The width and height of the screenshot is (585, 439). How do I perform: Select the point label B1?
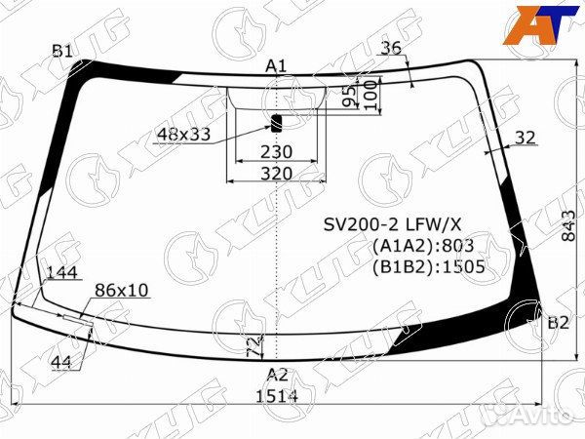click(x=62, y=51)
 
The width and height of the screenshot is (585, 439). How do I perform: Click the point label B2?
click(x=557, y=323)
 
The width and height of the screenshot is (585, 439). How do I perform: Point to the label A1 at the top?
click(x=276, y=66)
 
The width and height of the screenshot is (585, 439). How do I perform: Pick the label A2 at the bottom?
click(x=277, y=375)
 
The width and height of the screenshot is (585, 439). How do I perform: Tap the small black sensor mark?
click(x=276, y=123)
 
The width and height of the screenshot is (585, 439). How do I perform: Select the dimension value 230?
click(x=277, y=152)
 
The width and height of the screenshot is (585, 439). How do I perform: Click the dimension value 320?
click(x=277, y=173)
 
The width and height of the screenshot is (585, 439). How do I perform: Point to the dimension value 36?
click(x=391, y=49)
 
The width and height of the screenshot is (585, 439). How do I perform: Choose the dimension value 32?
click(x=525, y=138)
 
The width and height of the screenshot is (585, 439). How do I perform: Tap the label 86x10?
click(x=122, y=290)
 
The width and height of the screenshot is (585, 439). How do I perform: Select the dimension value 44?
click(x=60, y=362)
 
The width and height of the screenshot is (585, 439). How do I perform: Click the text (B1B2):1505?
click(x=428, y=264)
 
